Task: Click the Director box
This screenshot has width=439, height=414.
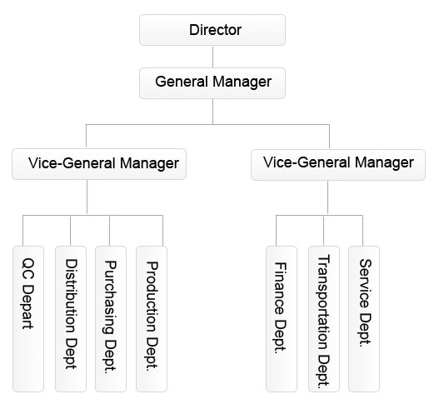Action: click(x=212, y=30)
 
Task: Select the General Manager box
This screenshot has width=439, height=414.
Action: click(x=212, y=83)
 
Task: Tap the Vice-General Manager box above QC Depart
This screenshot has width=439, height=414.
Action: click(x=99, y=164)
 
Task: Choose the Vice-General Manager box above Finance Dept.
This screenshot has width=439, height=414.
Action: click(x=338, y=165)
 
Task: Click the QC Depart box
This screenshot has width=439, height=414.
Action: click(x=28, y=319)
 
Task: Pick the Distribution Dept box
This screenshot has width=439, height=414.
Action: click(x=71, y=319)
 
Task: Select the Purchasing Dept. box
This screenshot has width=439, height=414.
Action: click(x=111, y=319)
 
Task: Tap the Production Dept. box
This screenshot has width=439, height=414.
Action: click(x=152, y=319)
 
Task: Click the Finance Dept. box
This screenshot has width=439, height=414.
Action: click(x=282, y=319)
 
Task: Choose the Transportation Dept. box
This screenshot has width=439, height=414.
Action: click(x=324, y=319)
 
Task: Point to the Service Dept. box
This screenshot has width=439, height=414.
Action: click(x=364, y=319)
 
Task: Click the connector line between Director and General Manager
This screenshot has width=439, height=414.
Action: click(x=212, y=57)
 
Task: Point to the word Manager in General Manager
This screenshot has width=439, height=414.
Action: click(x=242, y=82)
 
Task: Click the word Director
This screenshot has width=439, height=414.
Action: click(x=215, y=30)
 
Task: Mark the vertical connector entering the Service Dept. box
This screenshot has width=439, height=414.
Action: click(x=363, y=231)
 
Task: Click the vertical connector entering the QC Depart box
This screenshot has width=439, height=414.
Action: click(x=23, y=231)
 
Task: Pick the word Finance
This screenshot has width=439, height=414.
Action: click(x=280, y=288)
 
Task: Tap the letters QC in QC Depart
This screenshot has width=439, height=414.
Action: click(x=28, y=269)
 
